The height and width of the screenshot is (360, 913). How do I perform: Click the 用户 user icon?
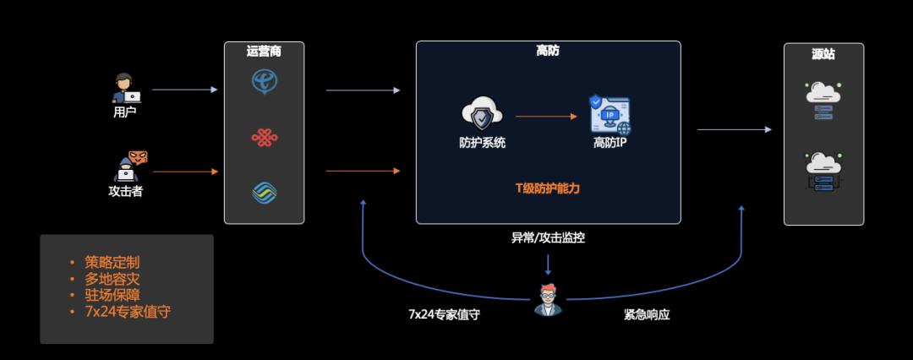(125, 88)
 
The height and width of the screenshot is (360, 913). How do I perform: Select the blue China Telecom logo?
(265, 81)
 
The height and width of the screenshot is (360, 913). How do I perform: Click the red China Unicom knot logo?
(265, 137)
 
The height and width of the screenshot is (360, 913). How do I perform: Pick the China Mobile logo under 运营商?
(265, 193)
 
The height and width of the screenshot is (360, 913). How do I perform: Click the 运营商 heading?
(264, 52)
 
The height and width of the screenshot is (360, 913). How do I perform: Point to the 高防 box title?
(548, 51)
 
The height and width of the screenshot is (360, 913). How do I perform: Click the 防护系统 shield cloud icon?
(482, 115)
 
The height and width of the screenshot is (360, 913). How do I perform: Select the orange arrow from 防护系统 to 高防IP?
(546, 117)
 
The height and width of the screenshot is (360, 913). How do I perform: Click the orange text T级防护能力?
(548, 188)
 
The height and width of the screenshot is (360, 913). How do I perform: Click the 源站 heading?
(823, 54)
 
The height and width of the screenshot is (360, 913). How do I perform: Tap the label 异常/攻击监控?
(548, 238)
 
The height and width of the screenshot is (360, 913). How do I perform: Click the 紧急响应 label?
(647, 314)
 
